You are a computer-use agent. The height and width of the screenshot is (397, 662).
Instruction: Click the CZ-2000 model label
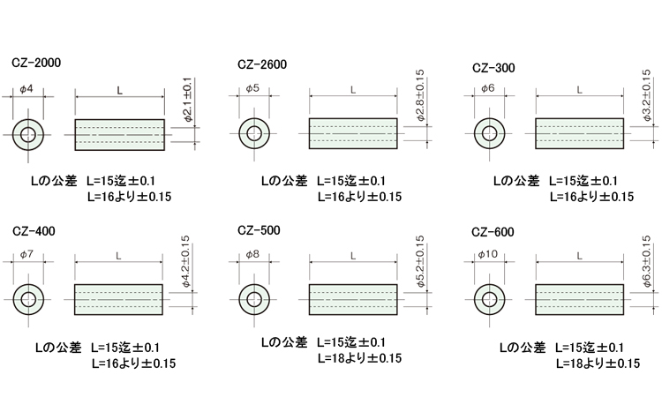36,63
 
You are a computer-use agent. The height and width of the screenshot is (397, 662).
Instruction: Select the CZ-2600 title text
262,64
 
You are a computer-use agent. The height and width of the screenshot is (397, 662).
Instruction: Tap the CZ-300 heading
493,68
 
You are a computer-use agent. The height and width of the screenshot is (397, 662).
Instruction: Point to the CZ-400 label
34,231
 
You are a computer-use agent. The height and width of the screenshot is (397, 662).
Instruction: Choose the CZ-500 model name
259,230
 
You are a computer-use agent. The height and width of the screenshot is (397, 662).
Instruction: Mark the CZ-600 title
493,232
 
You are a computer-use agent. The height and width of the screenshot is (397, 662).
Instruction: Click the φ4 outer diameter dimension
26,89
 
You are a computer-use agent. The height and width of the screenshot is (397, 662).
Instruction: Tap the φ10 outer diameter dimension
487,254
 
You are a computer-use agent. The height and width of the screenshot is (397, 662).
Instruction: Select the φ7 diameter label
26,254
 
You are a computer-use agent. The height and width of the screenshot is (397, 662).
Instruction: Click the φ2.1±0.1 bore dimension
187,100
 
